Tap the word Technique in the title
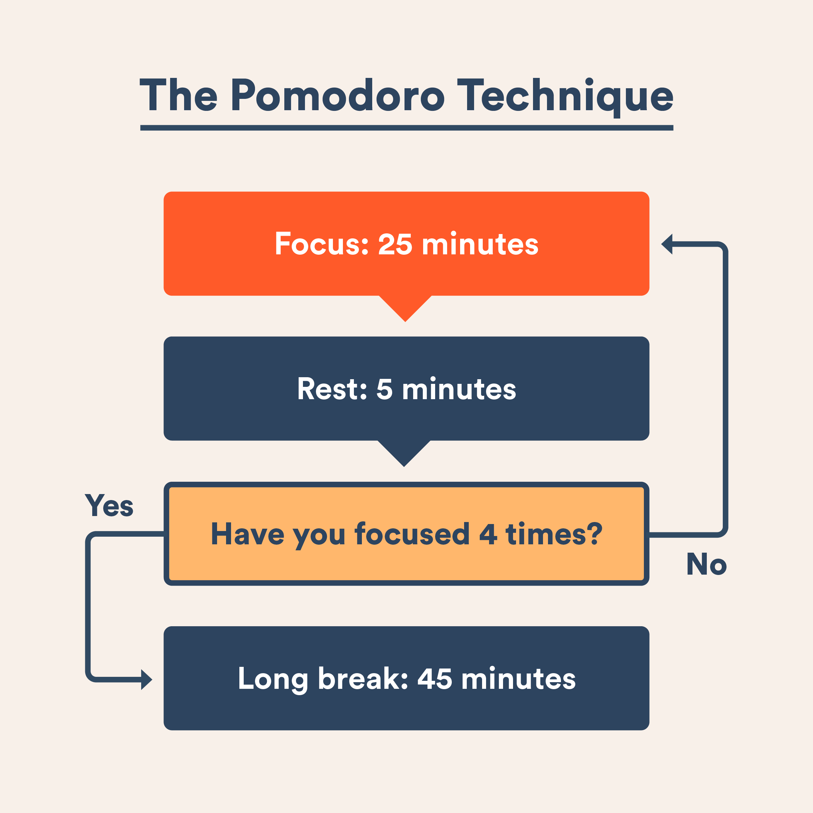(565, 98)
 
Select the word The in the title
(178, 95)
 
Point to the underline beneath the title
(406, 128)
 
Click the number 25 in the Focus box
(395, 244)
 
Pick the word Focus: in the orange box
(322, 244)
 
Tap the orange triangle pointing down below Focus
(405, 308)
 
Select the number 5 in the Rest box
(384, 389)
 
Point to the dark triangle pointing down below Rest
(404, 453)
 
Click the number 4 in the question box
(488, 534)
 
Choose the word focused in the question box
(412, 534)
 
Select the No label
(706, 564)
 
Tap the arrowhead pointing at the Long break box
(146, 679)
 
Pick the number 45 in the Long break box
(435, 679)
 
